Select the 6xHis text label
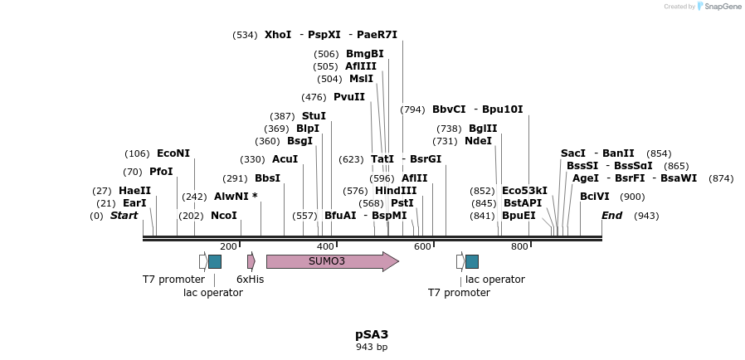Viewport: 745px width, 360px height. coord(250,280)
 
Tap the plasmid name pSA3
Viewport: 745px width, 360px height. coord(372,334)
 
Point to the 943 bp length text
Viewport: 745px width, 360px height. coord(372,347)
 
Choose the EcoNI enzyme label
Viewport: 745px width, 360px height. coord(173,153)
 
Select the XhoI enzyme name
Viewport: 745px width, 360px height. coord(278,35)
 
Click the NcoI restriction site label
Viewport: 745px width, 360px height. coord(224,216)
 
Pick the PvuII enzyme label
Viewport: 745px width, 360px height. coord(349,97)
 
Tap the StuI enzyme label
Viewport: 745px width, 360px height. coord(314,116)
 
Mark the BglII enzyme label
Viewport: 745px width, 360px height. coord(483,129)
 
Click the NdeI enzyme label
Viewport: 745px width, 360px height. coord(478,141)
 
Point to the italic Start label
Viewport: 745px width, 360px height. coord(124,216)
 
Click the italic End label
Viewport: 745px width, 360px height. coord(611,216)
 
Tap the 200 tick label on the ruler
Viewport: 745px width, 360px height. coord(228,246)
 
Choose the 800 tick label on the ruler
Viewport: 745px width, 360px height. coord(519,246)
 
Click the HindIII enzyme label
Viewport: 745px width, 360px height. coord(396,191)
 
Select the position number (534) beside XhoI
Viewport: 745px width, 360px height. coord(245,35)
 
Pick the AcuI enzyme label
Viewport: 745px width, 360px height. coord(285,159)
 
